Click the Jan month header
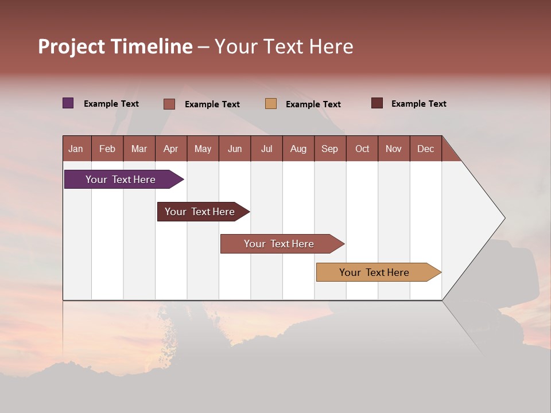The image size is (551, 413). (x=76, y=149)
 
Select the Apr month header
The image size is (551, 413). (x=171, y=149)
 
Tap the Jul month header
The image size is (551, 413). (x=266, y=149)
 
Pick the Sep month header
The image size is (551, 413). (x=329, y=149)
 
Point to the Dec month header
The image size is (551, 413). (x=425, y=149)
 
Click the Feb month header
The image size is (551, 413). (x=107, y=149)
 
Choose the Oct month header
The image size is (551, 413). (x=362, y=149)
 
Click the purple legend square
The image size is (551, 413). (x=68, y=103)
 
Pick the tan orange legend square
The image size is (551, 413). (x=271, y=103)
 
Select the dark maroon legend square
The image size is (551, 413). (x=377, y=103)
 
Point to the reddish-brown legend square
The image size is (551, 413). (x=169, y=104)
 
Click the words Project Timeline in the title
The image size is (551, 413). (x=115, y=46)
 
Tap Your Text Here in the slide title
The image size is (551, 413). (x=284, y=46)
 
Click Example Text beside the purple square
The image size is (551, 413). (x=111, y=104)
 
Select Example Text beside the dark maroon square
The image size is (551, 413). (x=419, y=104)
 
